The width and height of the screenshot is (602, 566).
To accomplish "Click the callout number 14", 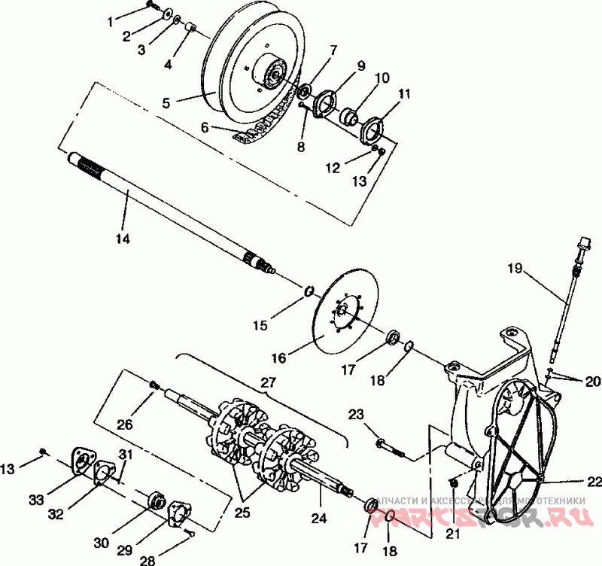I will click(x=123, y=239).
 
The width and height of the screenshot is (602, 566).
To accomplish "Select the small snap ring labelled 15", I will click(x=309, y=291).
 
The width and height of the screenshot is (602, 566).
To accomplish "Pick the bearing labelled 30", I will click(x=157, y=500).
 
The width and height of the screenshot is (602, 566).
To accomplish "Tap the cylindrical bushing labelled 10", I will click(x=351, y=117).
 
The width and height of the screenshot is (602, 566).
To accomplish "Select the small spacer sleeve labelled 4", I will click(x=190, y=29).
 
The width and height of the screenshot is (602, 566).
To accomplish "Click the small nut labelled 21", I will click(x=454, y=482).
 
